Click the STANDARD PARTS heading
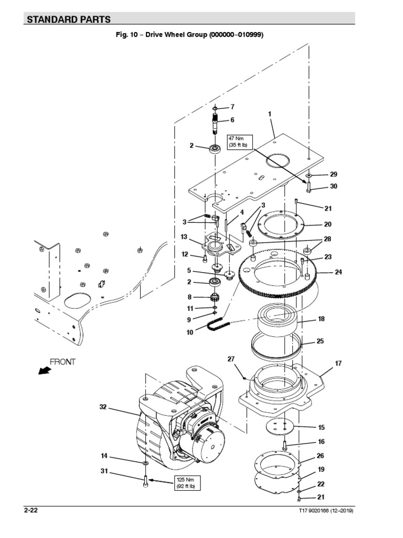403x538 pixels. coord(68,19)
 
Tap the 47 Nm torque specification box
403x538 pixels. coord(237,141)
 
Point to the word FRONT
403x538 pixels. coord(62,361)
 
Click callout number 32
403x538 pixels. coord(102,407)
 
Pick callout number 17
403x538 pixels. coord(338,363)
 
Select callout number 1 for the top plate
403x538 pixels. coord(269,113)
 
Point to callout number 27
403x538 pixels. coord(230,359)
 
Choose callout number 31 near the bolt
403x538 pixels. coord(104,471)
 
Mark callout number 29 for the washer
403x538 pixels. coord(334,174)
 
